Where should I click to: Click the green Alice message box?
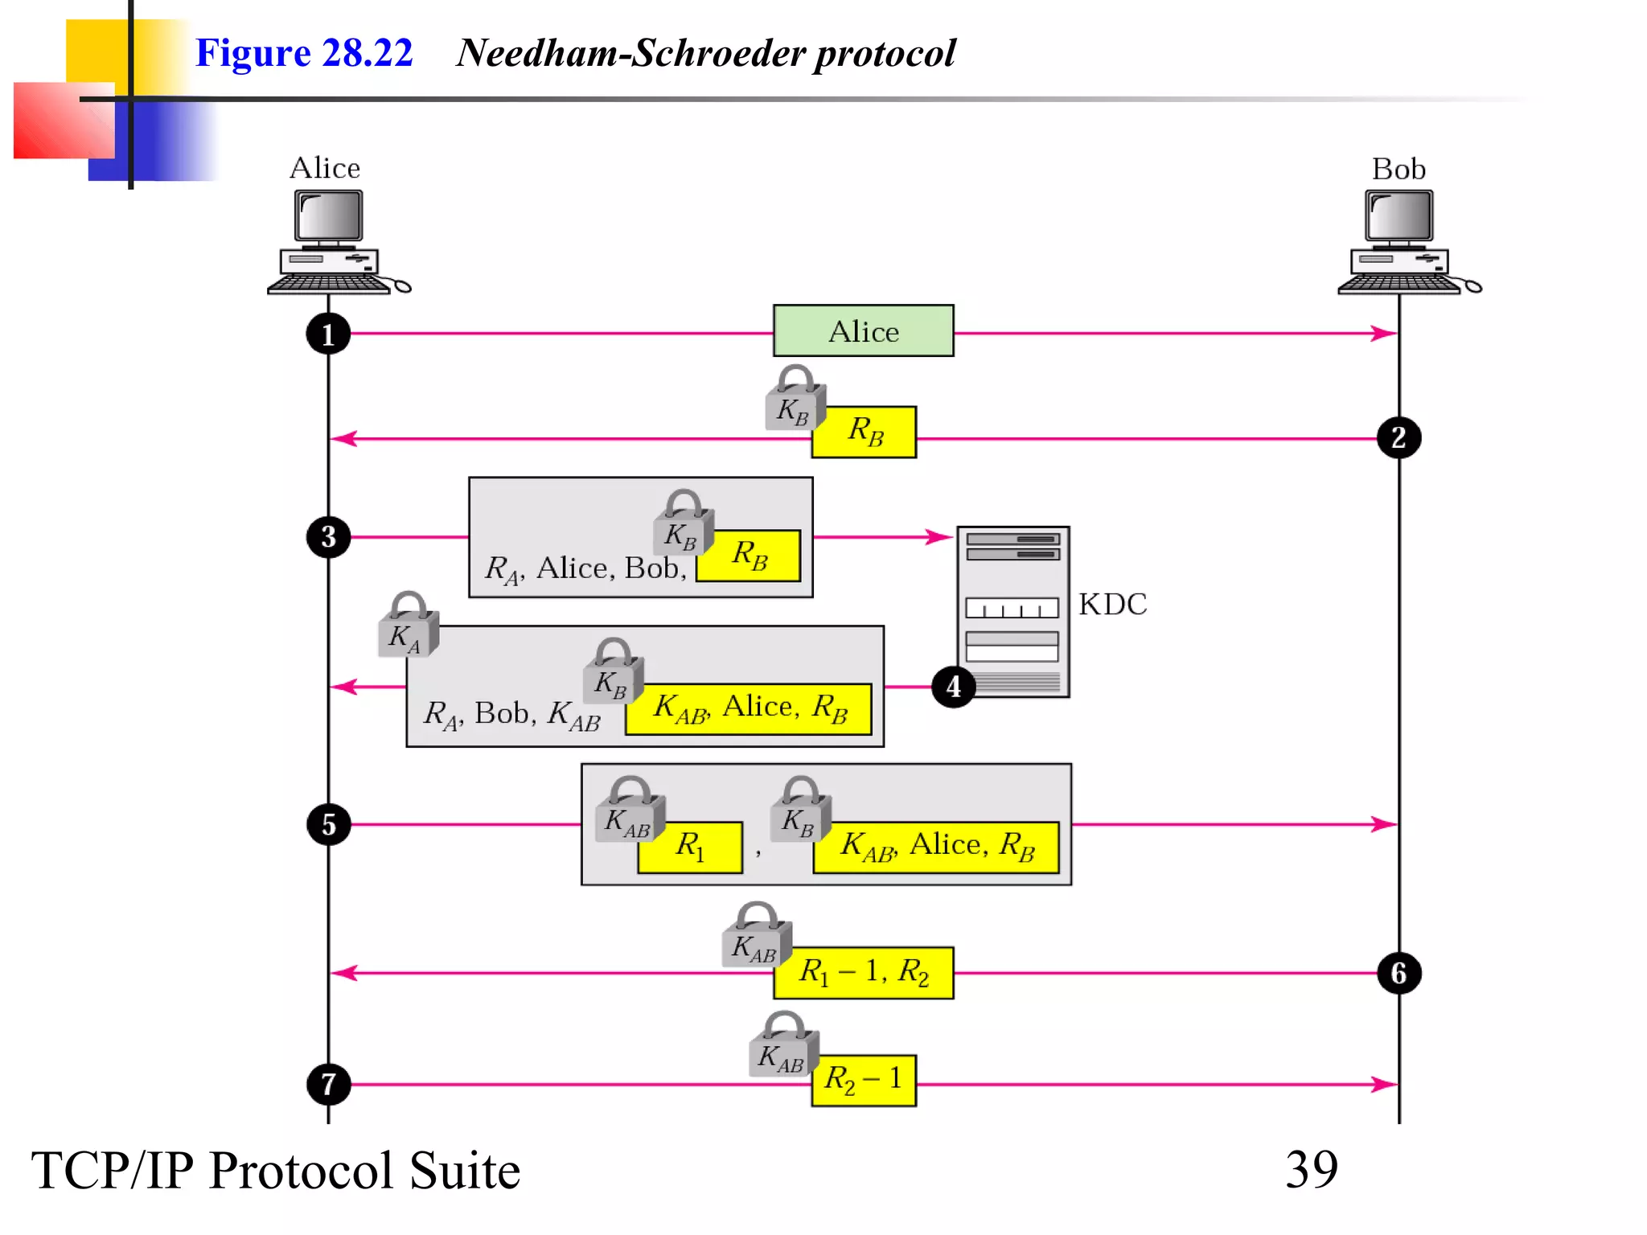click(863, 330)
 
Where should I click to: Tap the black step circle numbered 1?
click(328, 334)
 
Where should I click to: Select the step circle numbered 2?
click(1399, 438)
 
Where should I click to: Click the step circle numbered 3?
click(328, 536)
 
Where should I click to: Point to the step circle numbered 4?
click(953, 687)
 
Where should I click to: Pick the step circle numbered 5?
click(328, 824)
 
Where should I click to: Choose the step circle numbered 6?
click(1399, 973)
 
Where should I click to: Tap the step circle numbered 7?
click(328, 1084)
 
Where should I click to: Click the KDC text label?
click(1112, 604)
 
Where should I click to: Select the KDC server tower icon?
click(1012, 611)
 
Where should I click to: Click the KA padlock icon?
click(408, 627)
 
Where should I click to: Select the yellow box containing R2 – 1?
click(864, 1080)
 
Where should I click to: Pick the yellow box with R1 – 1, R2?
click(864, 972)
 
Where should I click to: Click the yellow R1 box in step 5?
click(690, 847)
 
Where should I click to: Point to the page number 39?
click(1311, 1169)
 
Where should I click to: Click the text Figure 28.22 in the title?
click(304, 53)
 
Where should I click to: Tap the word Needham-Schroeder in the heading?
click(631, 53)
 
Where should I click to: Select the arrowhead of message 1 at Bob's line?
click(1385, 333)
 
